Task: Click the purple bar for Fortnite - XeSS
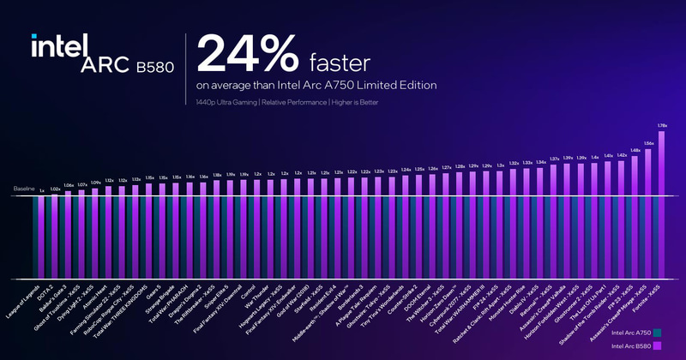661,206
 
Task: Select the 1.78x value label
661,127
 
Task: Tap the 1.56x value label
648,143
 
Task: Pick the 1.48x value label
635,150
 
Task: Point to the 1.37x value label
554,159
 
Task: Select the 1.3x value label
500,165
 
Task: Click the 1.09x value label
96,183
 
